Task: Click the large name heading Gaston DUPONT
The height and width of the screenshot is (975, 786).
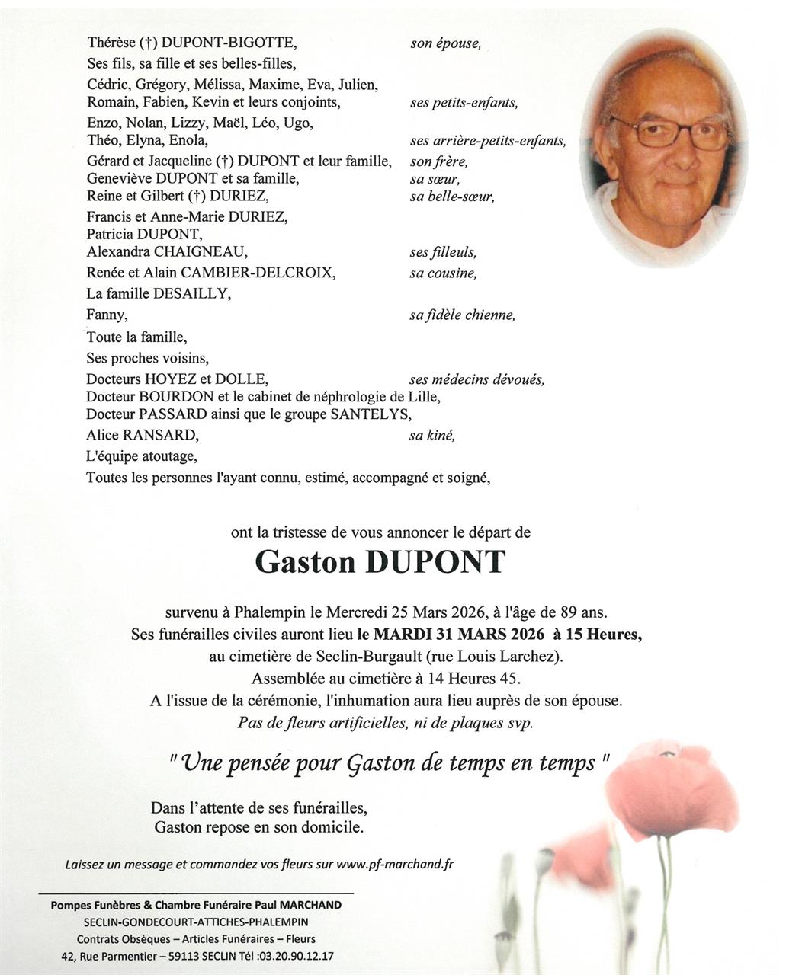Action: point(380,563)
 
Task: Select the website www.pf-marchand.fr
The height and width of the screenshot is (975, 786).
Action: point(395,864)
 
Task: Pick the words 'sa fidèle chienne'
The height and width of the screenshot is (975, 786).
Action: point(462,315)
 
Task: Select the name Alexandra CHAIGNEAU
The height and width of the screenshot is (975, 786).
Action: point(167,252)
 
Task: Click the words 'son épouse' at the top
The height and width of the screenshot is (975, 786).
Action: point(445,43)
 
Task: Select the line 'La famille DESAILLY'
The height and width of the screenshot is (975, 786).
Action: point(158,293)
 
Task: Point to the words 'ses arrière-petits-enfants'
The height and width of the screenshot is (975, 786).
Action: point(488,141)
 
